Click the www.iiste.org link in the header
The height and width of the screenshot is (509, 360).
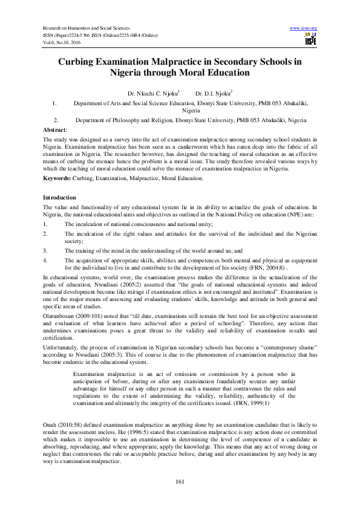pyautogui.click(x=304, y=28)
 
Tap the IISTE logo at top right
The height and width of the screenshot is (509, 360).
pyautogui.click(x=311, y=39)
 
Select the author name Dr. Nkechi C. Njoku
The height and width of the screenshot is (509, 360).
pyautogui.click(x=148, y=94)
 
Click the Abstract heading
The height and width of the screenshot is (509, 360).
pyautogui.click(x=55, y=130)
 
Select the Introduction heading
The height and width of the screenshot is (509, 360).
pyautogui.click(x=59, y=198)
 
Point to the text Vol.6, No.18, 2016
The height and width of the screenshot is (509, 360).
pyautogui.click(x=62, y=42)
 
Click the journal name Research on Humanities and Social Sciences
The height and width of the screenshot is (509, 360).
pyautogui.click(x=85, y=28)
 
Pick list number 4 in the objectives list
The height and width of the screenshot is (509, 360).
pyautogui.click(x=45, y=260)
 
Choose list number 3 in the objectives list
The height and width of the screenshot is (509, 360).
pyautogui.click(x=45, y=250)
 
